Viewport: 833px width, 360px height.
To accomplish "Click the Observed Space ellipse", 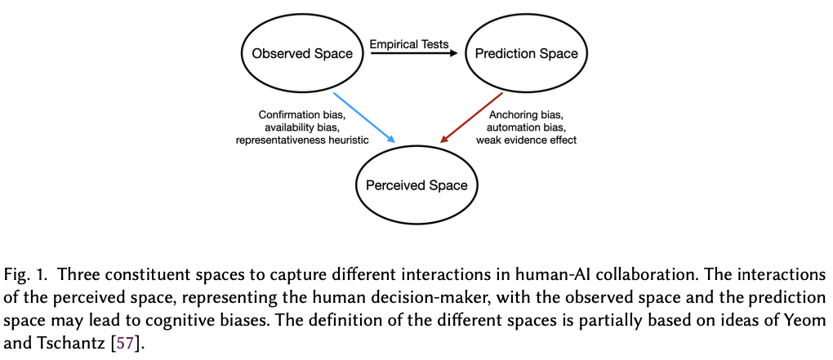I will point(302,54).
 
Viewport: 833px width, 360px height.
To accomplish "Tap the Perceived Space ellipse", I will point(416,184).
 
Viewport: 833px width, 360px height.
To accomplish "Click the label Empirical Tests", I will point(409,44).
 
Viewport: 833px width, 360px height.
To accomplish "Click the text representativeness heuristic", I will point(304,140).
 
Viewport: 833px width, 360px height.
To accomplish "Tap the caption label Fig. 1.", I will point(25,273).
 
